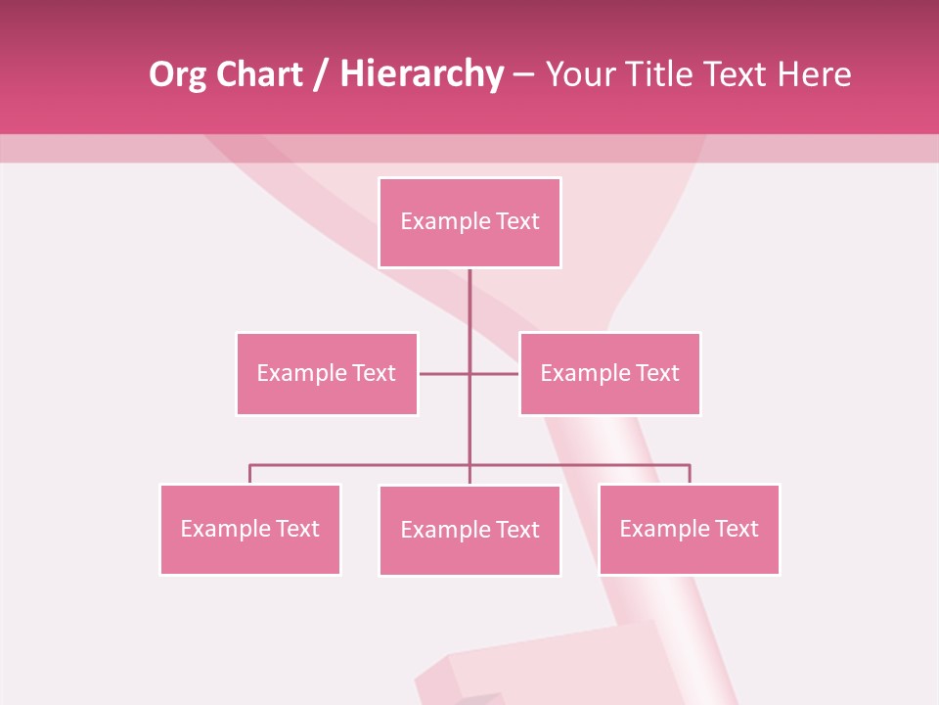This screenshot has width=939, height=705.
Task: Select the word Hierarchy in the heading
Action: [x=422, y=74]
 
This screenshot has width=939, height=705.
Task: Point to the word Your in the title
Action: [x=579, y=74]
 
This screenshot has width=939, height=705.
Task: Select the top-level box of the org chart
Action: [x=469, y=222]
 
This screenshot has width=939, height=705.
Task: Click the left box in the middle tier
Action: [x=327, y=373]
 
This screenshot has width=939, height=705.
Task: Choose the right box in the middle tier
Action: [x=609, y=373]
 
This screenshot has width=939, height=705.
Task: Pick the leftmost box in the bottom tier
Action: [x=249, y=529]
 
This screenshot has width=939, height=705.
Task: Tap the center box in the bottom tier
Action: [x=469, y=530]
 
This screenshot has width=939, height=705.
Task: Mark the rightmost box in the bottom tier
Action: [x=689, y=529]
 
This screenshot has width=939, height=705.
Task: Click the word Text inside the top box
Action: [x=517, y=221]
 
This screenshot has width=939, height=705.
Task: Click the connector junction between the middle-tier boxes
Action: [x=469, y=373]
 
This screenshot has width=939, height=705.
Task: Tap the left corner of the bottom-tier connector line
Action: [x=250, y=465]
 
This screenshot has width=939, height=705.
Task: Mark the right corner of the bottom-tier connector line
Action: [x=689, y=465]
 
